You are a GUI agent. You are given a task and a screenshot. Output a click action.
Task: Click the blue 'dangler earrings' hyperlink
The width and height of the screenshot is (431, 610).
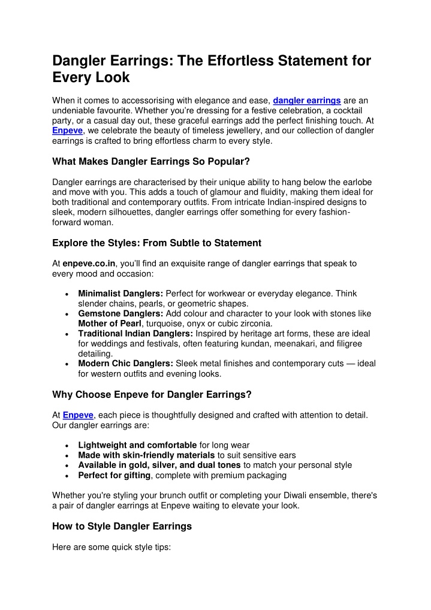307,100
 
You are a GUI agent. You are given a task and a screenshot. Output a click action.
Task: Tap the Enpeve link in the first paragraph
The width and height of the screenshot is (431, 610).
67,130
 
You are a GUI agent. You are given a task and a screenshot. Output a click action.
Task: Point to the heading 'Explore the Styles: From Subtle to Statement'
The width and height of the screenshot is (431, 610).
156,243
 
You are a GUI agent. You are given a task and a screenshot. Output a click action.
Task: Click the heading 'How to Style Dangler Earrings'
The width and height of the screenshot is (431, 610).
122,526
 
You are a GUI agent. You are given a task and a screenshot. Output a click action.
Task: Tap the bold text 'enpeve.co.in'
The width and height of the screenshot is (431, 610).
89,263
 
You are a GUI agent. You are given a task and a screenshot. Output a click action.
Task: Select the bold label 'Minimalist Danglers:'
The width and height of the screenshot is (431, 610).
120,294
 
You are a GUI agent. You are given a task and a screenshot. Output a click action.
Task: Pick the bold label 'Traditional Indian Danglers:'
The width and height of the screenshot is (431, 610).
135,333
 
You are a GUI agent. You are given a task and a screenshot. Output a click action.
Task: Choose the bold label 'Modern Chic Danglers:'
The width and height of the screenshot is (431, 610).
125,364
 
